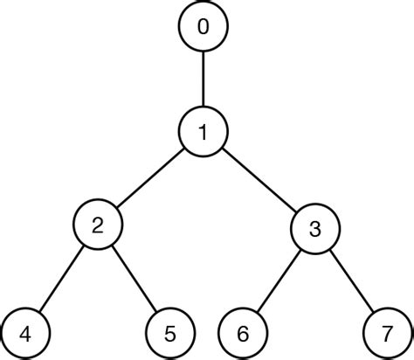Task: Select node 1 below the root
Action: [204, 132]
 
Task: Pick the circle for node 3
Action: [314, 229]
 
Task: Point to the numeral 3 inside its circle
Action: [314, 229]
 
